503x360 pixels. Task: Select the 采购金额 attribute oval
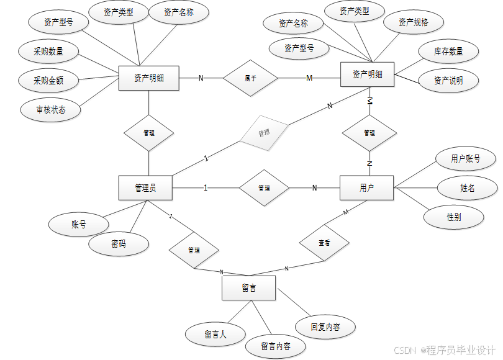tap(48, 80)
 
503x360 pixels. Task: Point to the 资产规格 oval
tap(413, 23)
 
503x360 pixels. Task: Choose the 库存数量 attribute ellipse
tap(448, 52)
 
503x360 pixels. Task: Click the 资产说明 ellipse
tap(448, 81)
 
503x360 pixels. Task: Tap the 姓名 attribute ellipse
tap(468, 187)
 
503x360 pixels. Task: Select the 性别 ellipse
tap(454, 217)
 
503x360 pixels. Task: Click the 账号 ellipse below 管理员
tap(79, 225)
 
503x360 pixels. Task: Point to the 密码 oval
tap(119, 244)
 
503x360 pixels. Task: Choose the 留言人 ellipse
tap(215, 334)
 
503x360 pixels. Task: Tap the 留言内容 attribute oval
tap(275, 346)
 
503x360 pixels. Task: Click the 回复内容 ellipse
tap(325, 327)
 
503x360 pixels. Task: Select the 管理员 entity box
tap(145, 188)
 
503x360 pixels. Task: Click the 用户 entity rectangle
tap(366, 187)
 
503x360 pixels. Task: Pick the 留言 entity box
tap(249, 288)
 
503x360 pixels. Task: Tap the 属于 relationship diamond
tap(250, 78)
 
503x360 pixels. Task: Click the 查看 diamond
tap(324, 243)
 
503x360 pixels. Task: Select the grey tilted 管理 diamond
tap(265, 132)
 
